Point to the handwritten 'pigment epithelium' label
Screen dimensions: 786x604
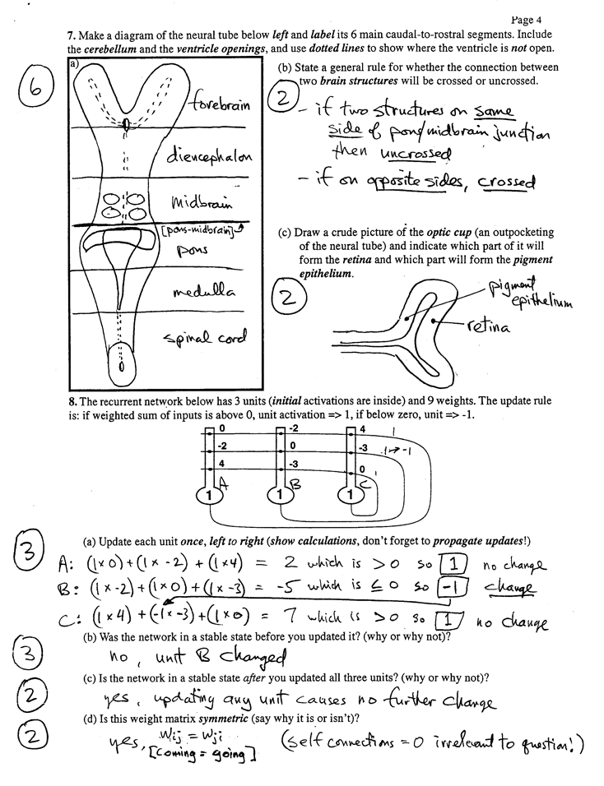pos(530,294)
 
